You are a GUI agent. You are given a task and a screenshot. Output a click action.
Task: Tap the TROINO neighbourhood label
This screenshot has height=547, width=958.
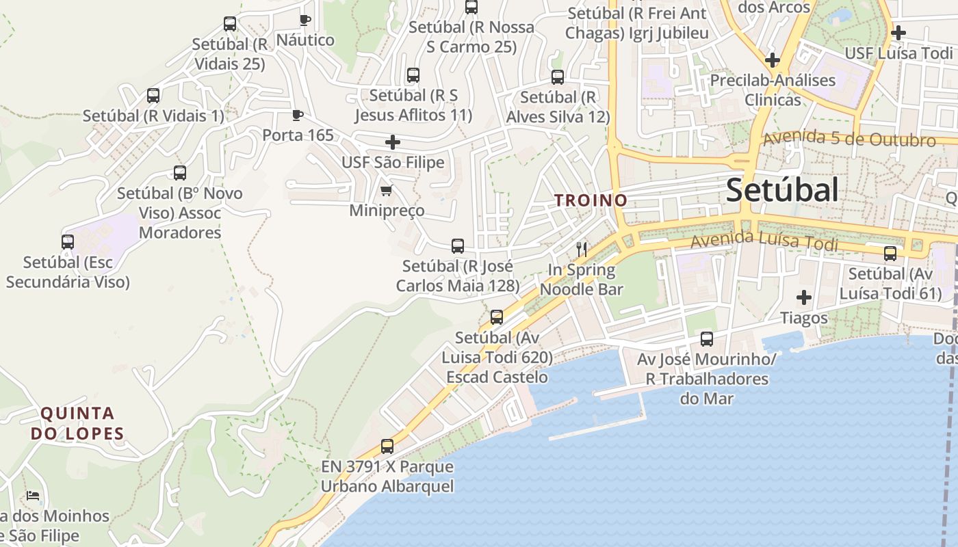591,200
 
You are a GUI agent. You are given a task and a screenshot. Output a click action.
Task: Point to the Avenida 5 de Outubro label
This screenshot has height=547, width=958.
849,139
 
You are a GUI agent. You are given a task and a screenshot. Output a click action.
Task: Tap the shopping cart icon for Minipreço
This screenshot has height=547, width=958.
387,190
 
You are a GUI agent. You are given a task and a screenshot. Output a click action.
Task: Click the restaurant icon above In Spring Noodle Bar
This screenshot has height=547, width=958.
582,249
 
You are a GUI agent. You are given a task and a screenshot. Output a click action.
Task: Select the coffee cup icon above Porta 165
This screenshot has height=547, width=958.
297,115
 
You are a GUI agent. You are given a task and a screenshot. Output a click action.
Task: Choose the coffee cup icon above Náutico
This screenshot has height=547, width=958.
305,20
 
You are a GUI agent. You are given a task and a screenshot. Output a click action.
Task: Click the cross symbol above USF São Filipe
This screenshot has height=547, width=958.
393,142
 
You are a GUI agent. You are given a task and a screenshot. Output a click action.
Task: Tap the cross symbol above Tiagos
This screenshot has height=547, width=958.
804,297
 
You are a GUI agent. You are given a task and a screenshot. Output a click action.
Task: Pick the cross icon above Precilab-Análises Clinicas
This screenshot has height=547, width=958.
773,60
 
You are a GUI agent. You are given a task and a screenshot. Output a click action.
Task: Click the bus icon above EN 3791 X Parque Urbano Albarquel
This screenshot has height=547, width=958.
387,446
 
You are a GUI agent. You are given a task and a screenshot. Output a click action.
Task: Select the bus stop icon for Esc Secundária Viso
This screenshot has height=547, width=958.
68,241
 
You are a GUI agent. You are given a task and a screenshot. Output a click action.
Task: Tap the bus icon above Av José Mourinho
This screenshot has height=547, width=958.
707,338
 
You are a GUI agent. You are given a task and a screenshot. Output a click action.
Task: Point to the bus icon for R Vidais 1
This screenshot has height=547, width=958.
153,96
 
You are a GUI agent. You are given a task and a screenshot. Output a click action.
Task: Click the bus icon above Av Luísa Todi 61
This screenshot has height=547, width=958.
890,254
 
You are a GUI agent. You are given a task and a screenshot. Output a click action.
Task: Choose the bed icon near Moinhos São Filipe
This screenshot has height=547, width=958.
32,496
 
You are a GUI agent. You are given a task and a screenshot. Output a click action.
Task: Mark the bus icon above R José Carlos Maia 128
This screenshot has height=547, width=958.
458,246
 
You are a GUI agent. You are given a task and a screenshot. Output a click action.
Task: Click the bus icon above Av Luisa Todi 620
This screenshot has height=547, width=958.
497,317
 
